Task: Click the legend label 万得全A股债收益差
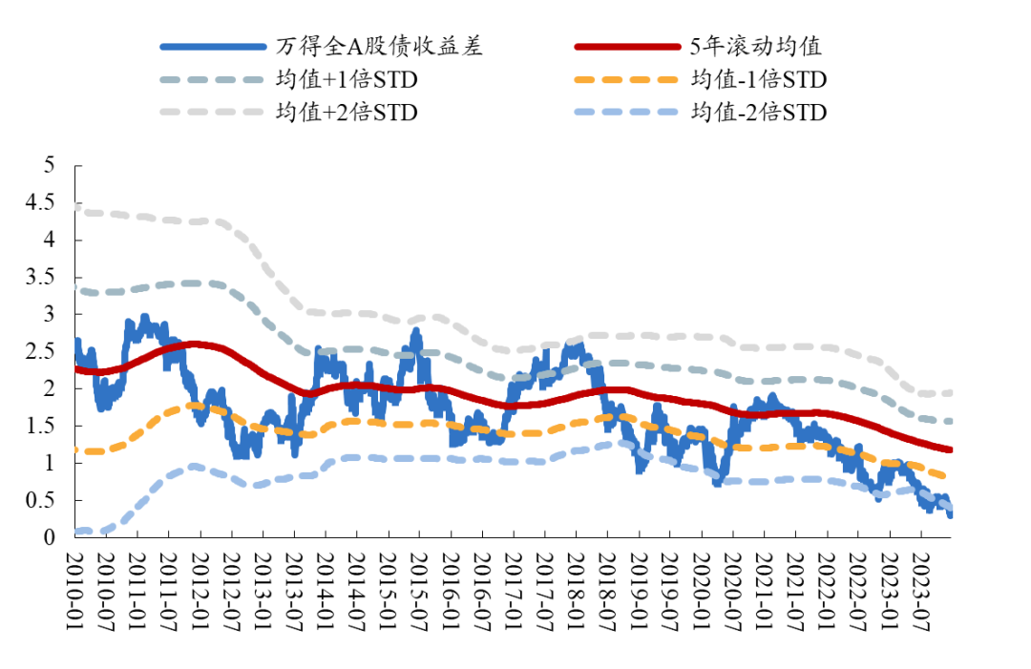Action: [379, 47]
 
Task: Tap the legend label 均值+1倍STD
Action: [347, 79]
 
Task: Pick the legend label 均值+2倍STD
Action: [347, 112]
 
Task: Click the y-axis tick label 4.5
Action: [46, 203]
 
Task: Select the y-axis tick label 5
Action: [52, 166]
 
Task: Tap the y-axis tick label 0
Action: [52, 537]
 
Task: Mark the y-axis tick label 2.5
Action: [46, 352]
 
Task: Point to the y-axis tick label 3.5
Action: [46, 278]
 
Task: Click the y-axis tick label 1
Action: [52, 463]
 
